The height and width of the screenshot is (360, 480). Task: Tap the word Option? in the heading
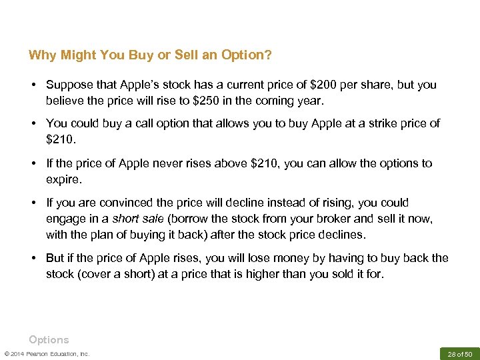[x=248, y=55]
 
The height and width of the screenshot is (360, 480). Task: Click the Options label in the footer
[x=49, y=339]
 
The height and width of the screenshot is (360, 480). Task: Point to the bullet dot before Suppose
[x=33, y=85]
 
